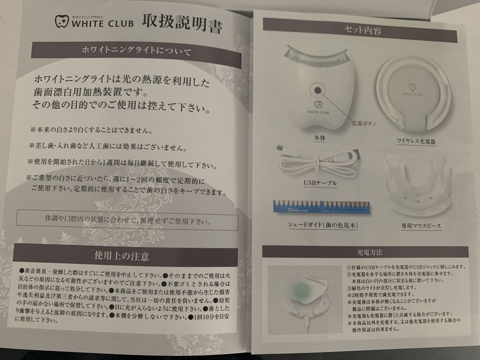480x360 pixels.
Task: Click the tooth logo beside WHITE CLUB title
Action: tap(62, 22)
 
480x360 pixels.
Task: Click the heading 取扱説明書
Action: tap(182, 23)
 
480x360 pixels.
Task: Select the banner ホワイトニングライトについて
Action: tap(136, 54)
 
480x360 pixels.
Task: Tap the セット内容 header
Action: tap(360, 30)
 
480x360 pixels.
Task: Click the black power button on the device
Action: tap(317, 90)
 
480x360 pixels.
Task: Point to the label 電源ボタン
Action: tap(363, 124)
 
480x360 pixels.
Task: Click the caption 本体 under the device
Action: tap(320, 138)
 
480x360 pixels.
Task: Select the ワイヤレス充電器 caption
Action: tap(416, 141)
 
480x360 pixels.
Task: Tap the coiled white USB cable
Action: tap(318, 161)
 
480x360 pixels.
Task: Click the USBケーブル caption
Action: tap(320, 183)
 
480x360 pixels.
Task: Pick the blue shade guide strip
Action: tap(322, 207)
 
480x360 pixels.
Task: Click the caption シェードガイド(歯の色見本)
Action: tap(322, 225)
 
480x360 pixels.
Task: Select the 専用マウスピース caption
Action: tap(421, 226)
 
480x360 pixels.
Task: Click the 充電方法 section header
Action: tap(365, 252)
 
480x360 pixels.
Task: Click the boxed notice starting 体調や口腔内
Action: tap(127, 220)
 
